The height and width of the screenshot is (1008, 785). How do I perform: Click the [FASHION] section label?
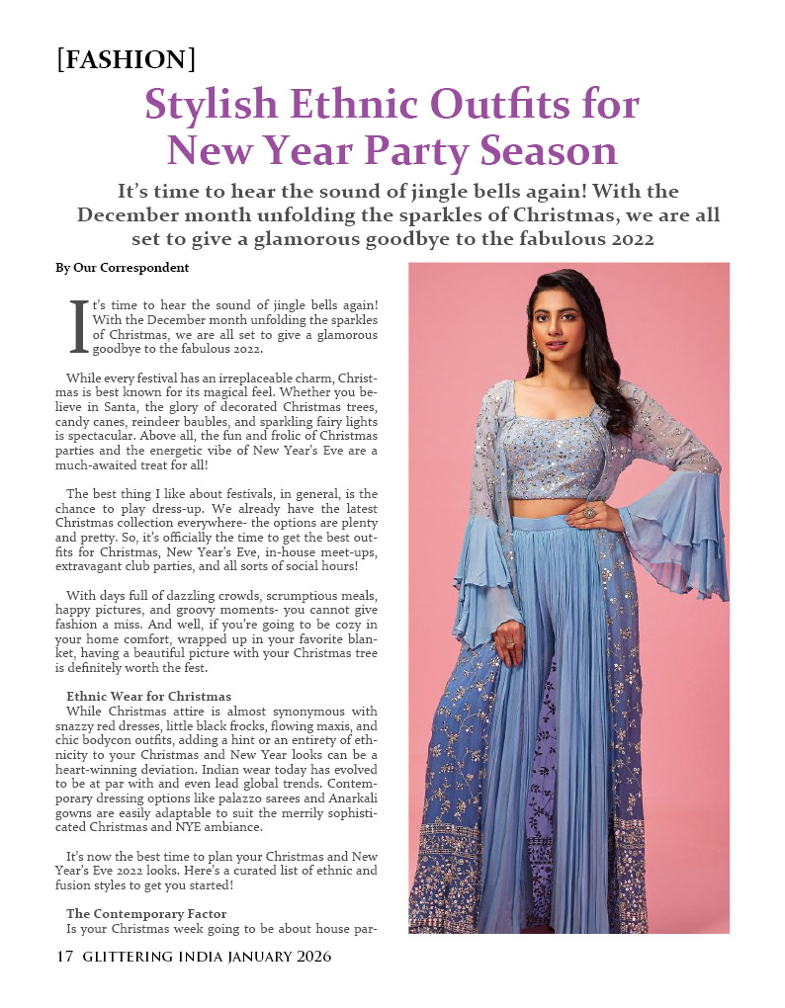[126, 60]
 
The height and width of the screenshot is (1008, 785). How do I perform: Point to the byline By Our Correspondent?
[122, 268]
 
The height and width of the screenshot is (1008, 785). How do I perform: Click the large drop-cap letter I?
[79, 328]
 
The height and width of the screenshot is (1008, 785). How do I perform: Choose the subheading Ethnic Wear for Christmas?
[148, 697]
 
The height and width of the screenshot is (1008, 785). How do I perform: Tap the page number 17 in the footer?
[65, 957]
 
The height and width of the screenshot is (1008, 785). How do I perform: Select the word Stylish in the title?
[207, 105]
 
